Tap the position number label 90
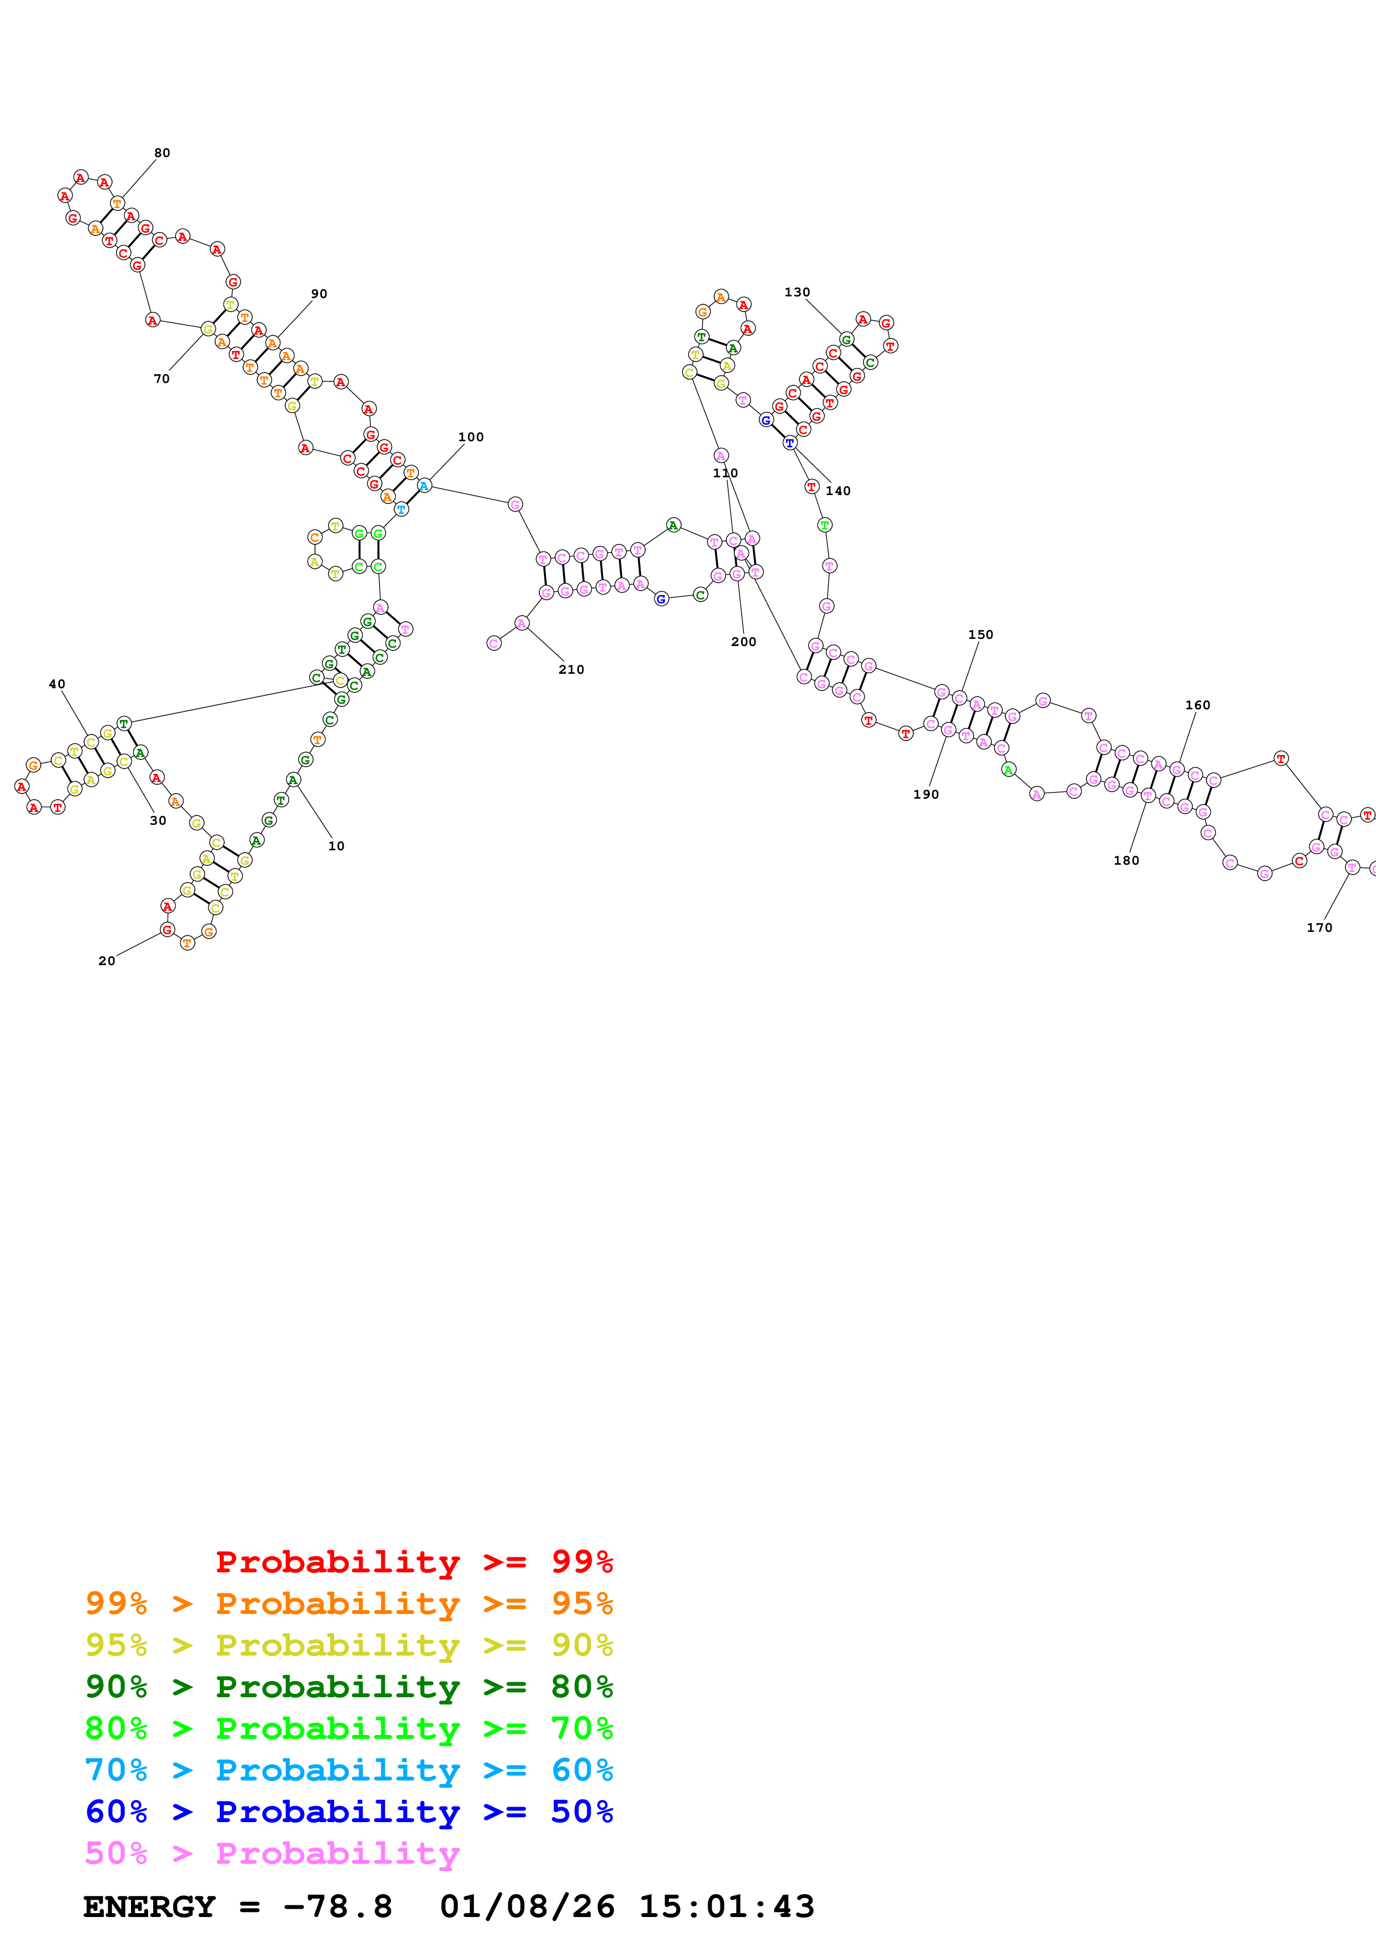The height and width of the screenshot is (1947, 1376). (319, 294)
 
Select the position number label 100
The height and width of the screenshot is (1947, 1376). (471, 437)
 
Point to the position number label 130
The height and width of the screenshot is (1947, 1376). (797, 292)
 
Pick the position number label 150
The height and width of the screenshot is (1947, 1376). (980, 635)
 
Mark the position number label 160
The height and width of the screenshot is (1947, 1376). (1197, 705)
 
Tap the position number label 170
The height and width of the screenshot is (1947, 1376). (1319, 927)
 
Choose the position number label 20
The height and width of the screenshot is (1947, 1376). (107, 961)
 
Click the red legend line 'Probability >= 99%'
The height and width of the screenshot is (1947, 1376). (414, 1562)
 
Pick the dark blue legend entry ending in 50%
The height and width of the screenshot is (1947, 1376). (349, 1812)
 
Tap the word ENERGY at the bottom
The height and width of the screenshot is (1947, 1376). (149, 1907)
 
